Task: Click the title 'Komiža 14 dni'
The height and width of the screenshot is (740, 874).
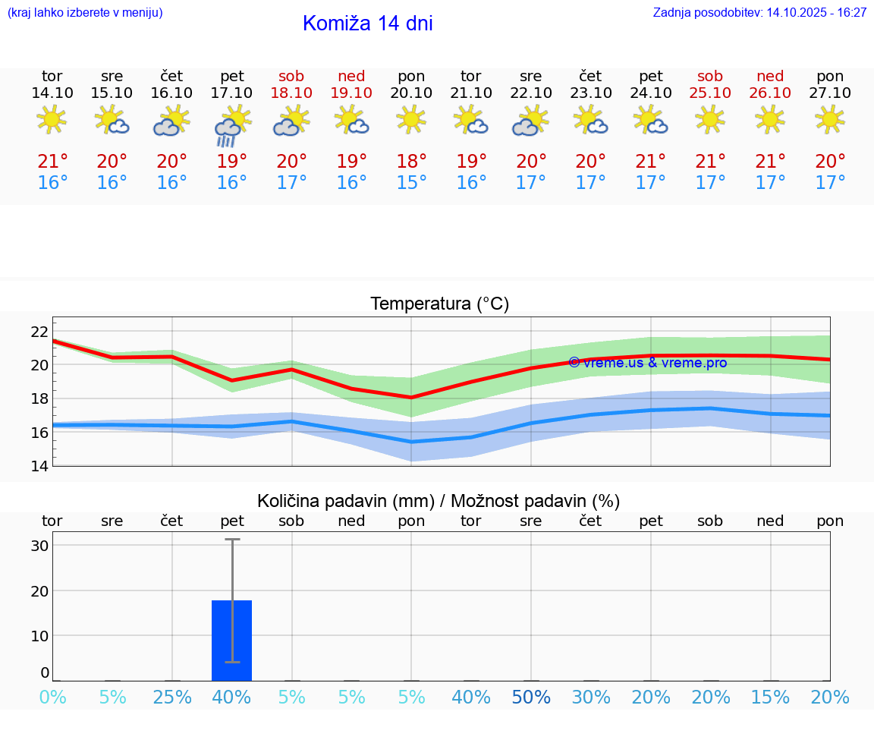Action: [x=367, y=24]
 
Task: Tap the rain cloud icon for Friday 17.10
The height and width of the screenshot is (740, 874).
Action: [x=231, y=125]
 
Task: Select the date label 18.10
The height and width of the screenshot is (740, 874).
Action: [x=291, y=93]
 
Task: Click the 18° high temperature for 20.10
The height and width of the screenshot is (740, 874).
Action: [x=411, y=162]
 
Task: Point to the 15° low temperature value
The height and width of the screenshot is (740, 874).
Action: [x=411, y=183]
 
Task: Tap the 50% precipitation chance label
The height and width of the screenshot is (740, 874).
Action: [x=531, y=697]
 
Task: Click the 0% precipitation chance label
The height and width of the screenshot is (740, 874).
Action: [x=52, y=697]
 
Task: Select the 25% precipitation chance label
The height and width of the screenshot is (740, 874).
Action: [x=172, y=697]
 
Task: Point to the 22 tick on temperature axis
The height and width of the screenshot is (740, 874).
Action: [x=39, y=332]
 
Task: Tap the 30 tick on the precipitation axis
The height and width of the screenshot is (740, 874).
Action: [x=39, y=546]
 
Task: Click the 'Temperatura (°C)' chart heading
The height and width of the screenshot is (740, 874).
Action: [x=439, y=304]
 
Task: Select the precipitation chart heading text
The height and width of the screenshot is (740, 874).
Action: [x=439, y=501]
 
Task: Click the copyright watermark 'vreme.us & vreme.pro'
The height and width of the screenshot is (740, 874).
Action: [x=648, y=363]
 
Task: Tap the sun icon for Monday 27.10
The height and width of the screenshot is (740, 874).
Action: [x=829, y=119]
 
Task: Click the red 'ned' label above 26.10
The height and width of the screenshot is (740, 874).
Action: [x=770, y=77]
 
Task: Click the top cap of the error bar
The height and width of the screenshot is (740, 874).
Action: [x=232, y=540]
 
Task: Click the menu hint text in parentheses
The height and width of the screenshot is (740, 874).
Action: [x=84, y=13]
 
